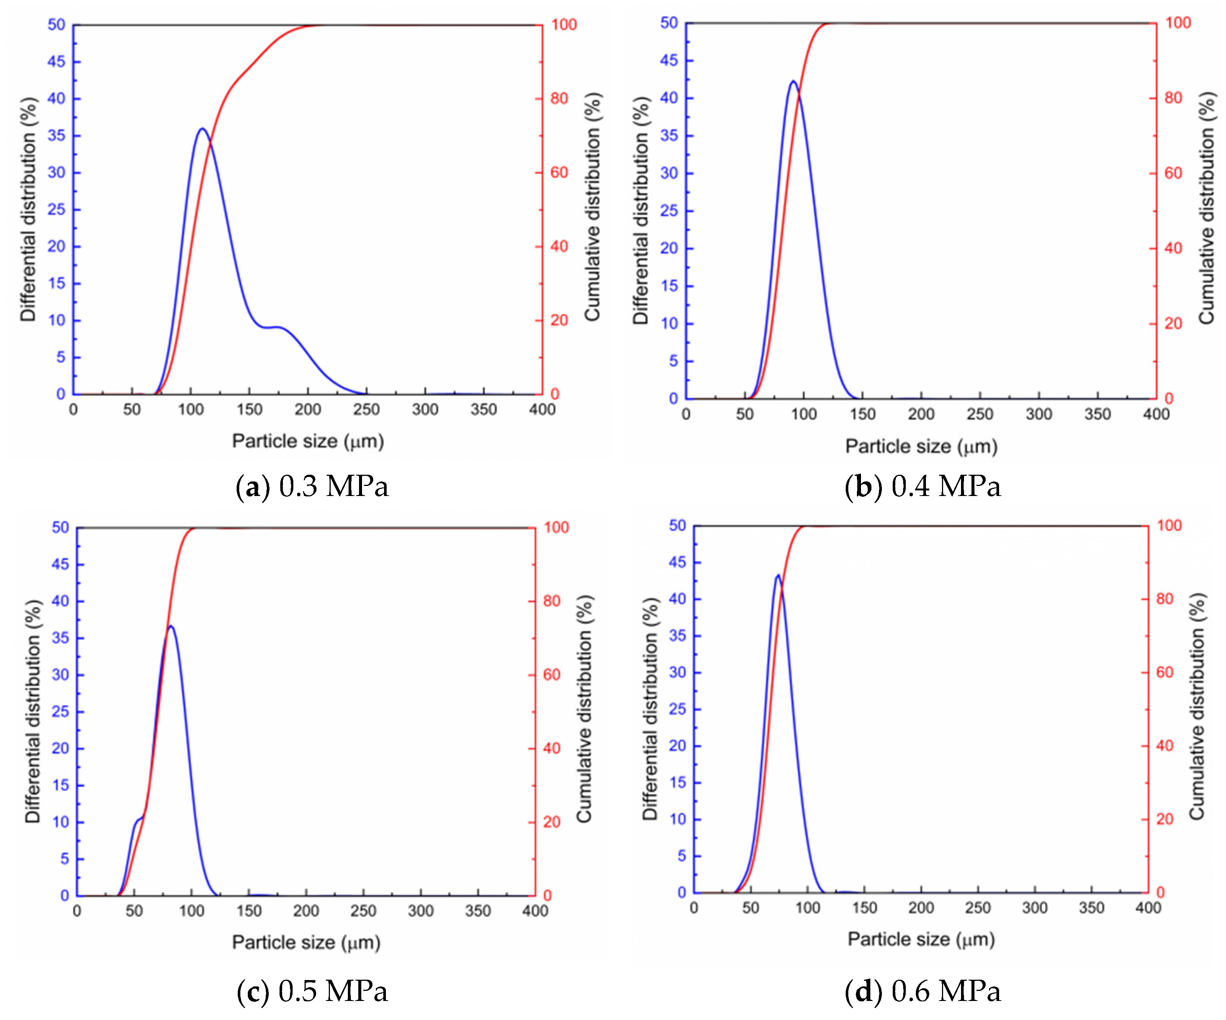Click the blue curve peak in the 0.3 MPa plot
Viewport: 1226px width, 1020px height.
click(202, 128)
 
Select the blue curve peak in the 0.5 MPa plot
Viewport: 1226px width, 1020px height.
click(171, 627)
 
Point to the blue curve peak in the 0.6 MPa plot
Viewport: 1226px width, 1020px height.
click(778, 575)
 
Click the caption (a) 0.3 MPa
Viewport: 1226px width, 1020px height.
click(312, 486)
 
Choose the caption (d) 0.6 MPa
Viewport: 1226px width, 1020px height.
click(923, 991)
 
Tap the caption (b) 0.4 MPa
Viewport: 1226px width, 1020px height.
click(923, 486)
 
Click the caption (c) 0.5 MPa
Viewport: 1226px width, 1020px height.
click(312, 991)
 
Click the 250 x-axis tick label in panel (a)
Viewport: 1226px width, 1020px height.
click(366, 409)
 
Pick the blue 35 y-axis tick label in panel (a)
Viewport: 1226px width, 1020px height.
click(57, 135)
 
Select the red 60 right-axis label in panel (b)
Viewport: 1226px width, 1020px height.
click(1173, 173)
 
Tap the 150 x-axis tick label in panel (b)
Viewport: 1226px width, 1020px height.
click(862, 414)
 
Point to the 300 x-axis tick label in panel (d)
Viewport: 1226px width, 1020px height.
click(1035, 908)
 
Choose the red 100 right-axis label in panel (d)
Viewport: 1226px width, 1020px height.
click(1169, 525)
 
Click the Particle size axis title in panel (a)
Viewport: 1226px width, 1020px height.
click(308, 441)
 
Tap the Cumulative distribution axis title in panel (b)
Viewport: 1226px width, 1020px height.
click(1206, 208)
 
